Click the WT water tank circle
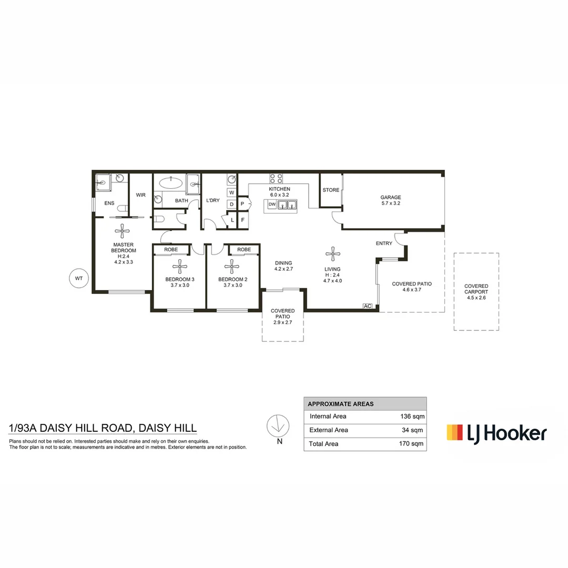(x=79, y=279)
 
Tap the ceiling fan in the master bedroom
(x=123, y=229)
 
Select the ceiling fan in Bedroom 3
(x=180, y=267)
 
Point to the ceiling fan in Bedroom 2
(x=232, y=267)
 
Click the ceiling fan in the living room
(x=332, y=255)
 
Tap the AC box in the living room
(x=368, y=306)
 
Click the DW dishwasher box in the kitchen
(x=272, y=204)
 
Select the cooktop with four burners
(x=276, y=178)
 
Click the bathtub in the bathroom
(x=171, y=184)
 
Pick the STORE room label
(x=331, y=190)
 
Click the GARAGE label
(x=391, y=197)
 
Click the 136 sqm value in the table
(x=412, y=416)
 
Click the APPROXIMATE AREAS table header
(x=341, y=404)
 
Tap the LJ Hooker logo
(x=496, y=433)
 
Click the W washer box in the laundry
(x=231, y=192)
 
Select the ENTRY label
(x=384, y=244)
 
